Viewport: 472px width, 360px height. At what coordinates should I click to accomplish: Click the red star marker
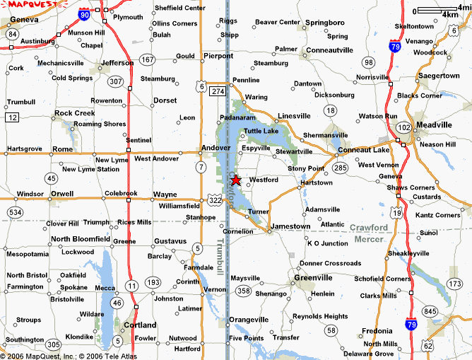(x=236, y=180)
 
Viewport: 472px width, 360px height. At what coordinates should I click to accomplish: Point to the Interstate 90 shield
(x=85, y=14)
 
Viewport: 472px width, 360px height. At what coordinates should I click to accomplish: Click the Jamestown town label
(x=290, y=226)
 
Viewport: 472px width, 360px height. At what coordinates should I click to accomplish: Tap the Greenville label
(x=314, y=277)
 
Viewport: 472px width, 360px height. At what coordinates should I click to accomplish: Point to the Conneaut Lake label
(x=364, y=150)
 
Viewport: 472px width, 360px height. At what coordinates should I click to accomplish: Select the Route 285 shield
(x=341, y=168)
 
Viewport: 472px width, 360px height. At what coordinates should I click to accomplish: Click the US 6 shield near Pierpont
(x=202, y=86)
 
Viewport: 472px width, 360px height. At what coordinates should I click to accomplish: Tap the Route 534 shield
(x=14, y=211)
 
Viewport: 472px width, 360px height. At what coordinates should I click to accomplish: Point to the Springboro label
(x=325, y=23)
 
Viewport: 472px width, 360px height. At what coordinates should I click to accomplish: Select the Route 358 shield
(x=244, y=291)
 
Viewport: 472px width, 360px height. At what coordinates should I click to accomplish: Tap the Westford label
(x=264, y=180)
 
